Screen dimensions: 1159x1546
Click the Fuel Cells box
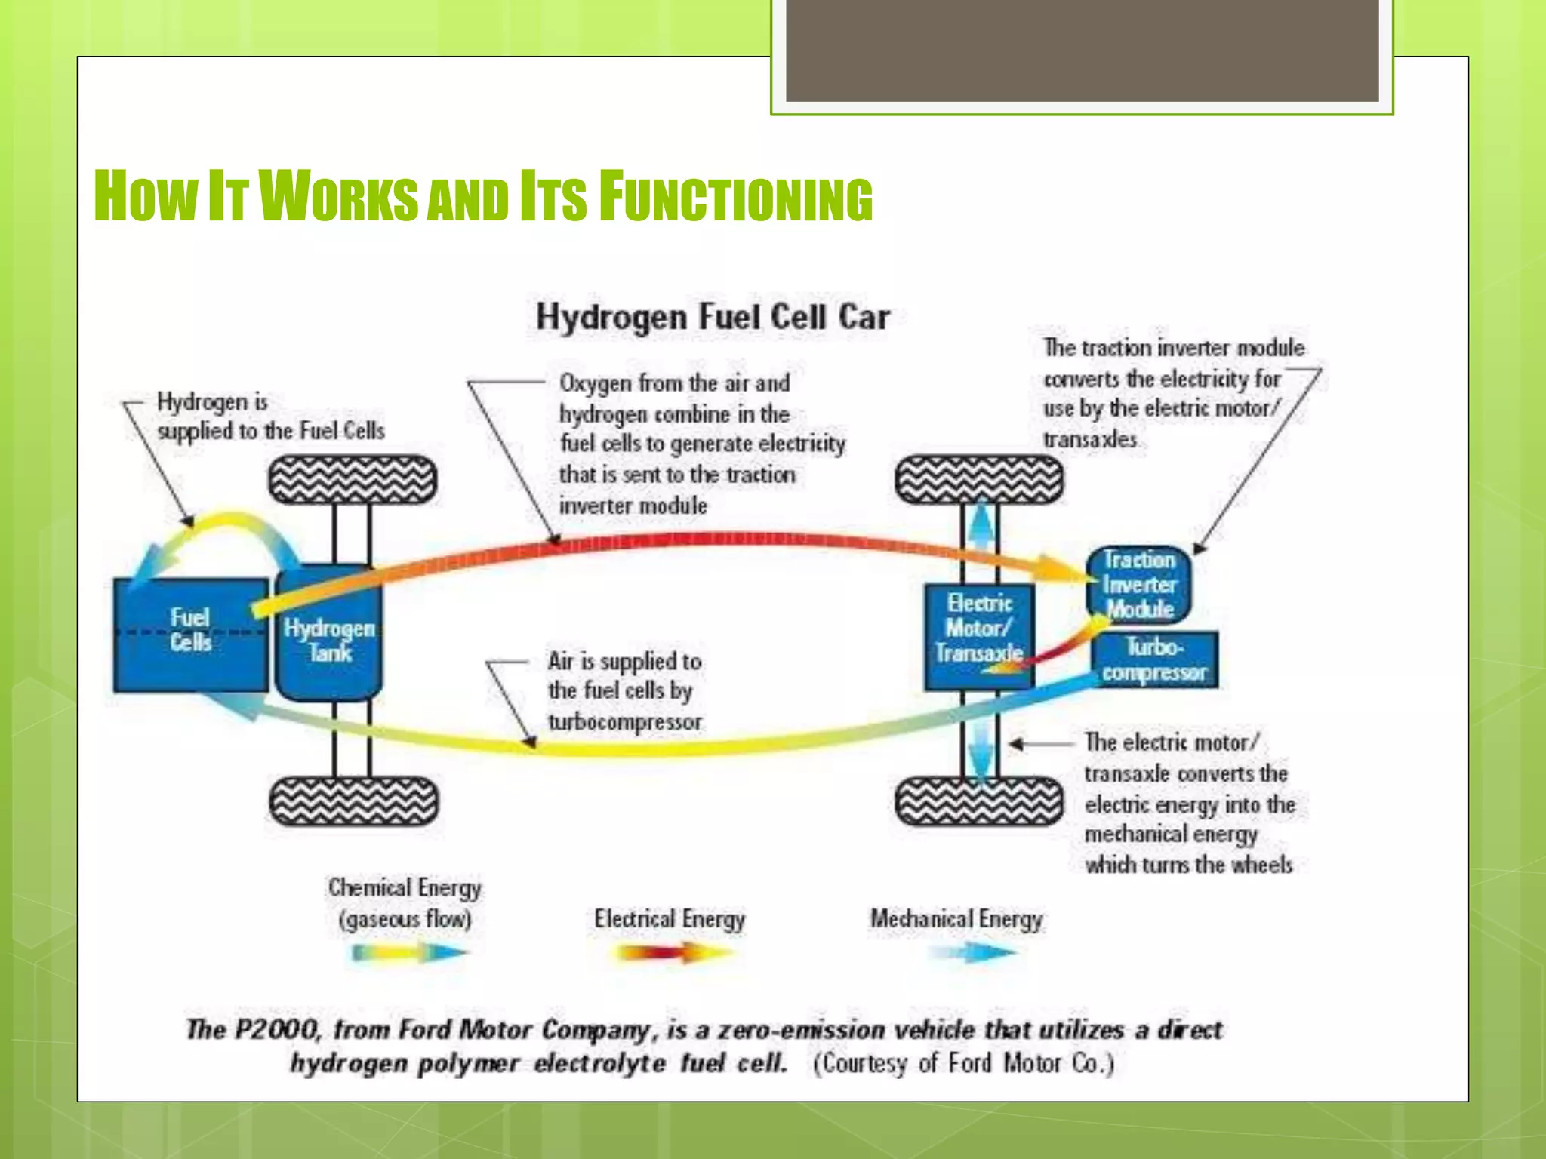pos(190,634)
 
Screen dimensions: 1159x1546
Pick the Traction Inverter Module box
pos(1139,585)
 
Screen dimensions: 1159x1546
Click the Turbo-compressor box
pos(1154,660)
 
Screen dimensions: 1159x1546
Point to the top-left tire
pos(353,479)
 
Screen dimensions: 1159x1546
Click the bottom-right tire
pos(979,801)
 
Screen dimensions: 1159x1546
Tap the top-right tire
pos(979,479)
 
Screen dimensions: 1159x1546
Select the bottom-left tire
pos(353,801)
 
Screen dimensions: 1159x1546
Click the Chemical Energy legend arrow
pos(410,953)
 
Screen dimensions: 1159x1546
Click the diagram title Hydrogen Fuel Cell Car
pos(713,317)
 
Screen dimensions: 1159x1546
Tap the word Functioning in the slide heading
pos(736,198)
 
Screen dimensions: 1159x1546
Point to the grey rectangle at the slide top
pos(1082,50)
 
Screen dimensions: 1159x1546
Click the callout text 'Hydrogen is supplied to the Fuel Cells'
pos(269,416)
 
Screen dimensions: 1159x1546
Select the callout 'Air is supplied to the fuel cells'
pos(624,690)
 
